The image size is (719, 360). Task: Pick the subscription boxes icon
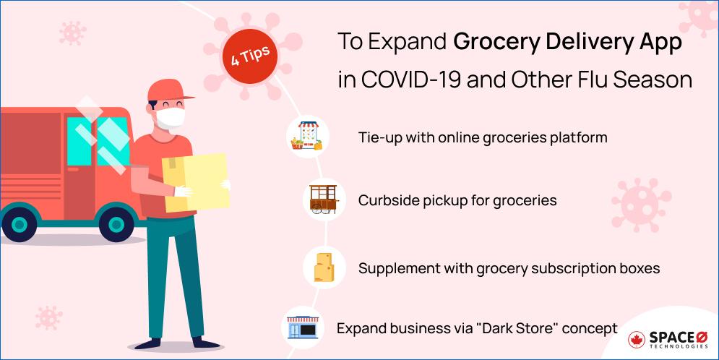click(x=324, y=267)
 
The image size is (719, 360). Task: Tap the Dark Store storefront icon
click(x=302, y=327)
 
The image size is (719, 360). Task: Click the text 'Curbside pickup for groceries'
click(x=457, y=200)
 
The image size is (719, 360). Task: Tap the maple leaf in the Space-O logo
click(x=637, y=340)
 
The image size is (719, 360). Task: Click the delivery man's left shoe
click(x=188, y=342)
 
